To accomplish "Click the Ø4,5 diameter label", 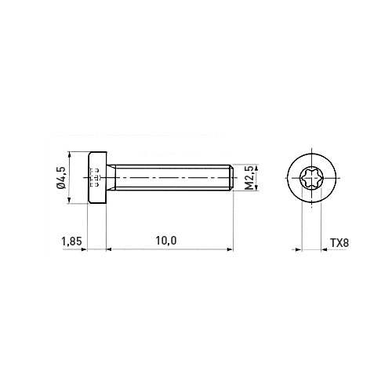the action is [60, 178].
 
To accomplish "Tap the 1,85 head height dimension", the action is [71, 241].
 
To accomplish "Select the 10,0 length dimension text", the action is [166, 241].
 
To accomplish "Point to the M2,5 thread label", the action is [249, 178].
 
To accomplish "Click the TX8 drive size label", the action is [339, 243].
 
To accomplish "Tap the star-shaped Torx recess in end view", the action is [311, 178].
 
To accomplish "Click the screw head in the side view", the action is [97, 177].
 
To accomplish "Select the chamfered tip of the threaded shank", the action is [231, 177].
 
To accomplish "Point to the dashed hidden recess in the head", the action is [95, 177].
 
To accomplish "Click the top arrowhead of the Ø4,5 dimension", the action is [69, 154].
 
